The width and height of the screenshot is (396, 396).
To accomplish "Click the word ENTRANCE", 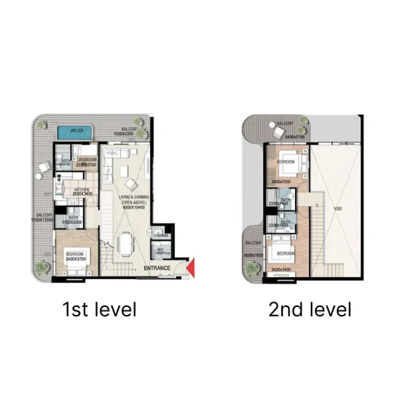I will pyautogui.click(x=157, y=268).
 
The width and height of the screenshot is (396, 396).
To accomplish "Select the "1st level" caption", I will pyautogui.click(x=99, y=309).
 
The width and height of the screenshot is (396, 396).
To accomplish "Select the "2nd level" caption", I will pyautogui.click(x=310, y=309).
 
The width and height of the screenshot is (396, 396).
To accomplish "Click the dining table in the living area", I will pyautogui.click(x=127, y=244).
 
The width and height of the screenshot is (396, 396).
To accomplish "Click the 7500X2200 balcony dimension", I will pyautogui.click(x=123, y=134).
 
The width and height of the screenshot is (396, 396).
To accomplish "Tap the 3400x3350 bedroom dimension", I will pyautogui.click(x=282, y=181).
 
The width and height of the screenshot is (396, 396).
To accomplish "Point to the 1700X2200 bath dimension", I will pyautogui.click(x=71, y=222).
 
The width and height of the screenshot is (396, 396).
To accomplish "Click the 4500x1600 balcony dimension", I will pyautogui.click(x=253, y=255).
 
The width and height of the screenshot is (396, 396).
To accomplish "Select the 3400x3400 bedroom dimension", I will pyautogui.click(x=282, y=269).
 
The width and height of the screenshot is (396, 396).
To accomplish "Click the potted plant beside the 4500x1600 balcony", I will pyautogui.click(x=251, y=267).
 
